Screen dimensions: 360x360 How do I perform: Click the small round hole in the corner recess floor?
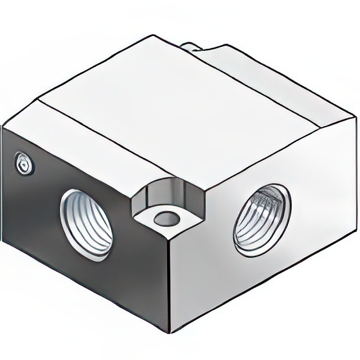(165, 217)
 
